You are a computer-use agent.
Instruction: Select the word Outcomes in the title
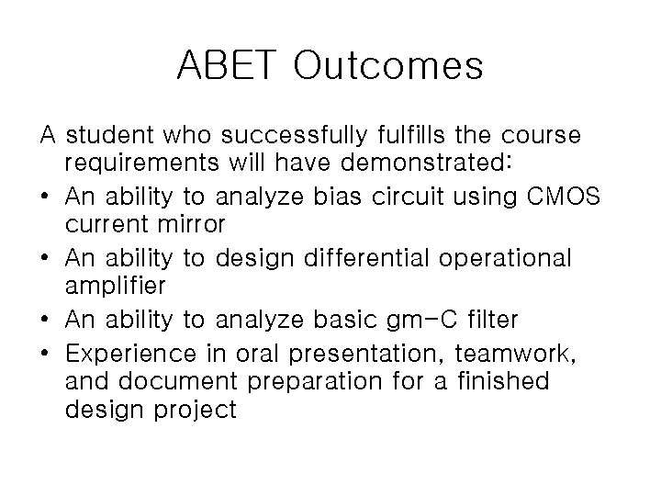coord(389,65)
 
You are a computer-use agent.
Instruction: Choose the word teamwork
coord(522,351)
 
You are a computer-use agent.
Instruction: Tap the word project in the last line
coord(195,411)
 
